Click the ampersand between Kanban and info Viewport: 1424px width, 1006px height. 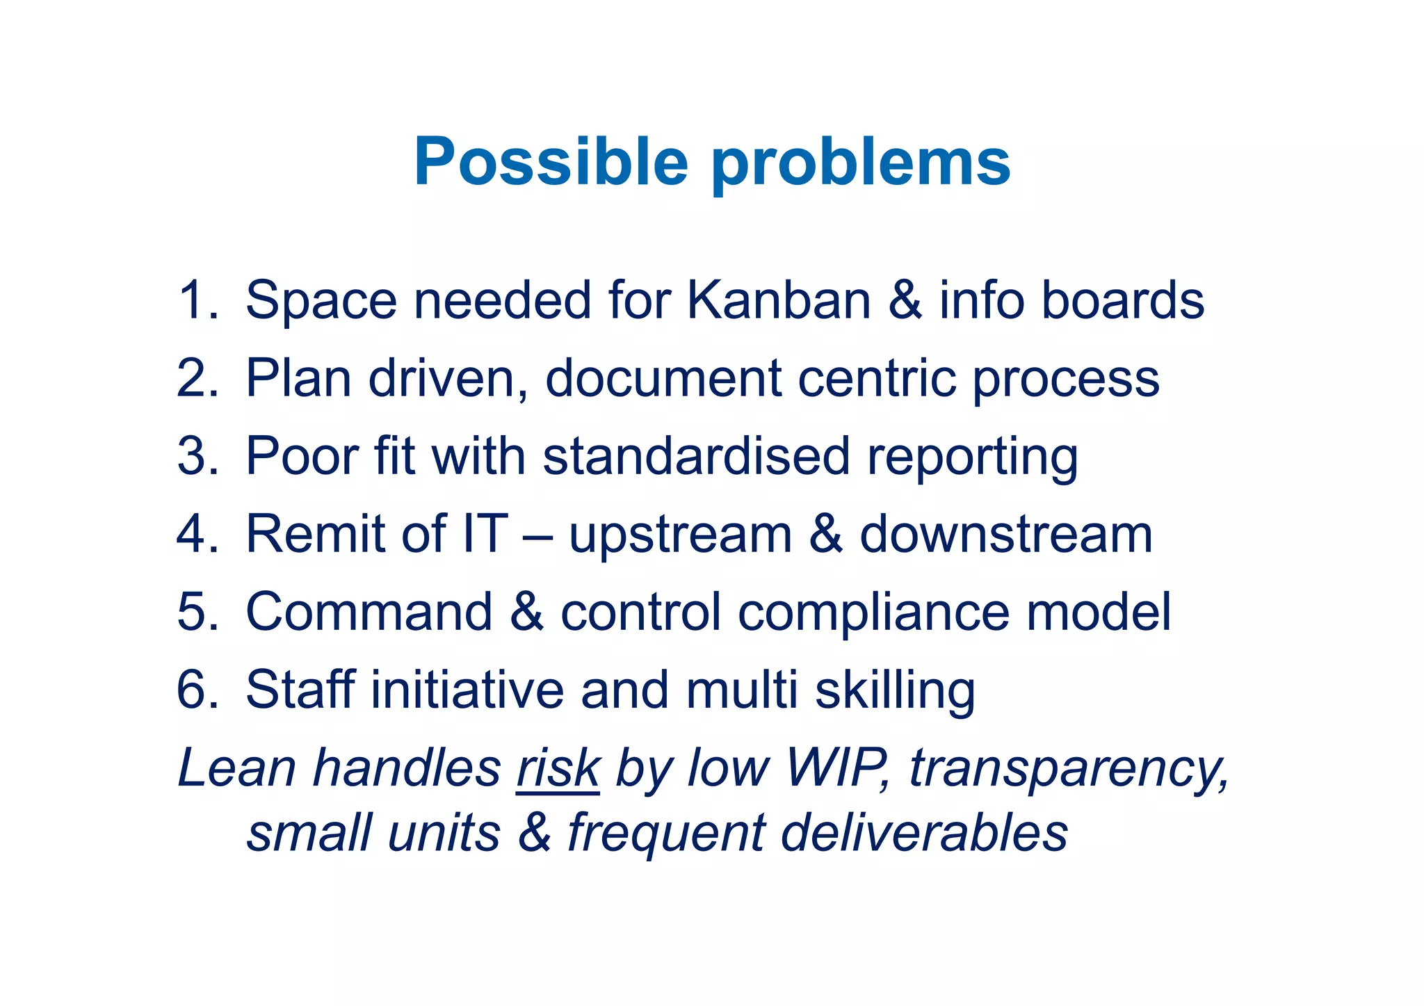click(905, 300)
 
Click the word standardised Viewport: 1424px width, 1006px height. click(696, 457)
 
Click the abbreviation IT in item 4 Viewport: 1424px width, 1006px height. click(485, 535)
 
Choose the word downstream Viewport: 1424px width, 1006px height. click(1006, 535)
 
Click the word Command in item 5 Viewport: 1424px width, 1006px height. click(369, 612)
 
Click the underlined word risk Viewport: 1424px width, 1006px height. click(558, 769)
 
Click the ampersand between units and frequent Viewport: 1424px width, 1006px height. click(534, 833)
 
